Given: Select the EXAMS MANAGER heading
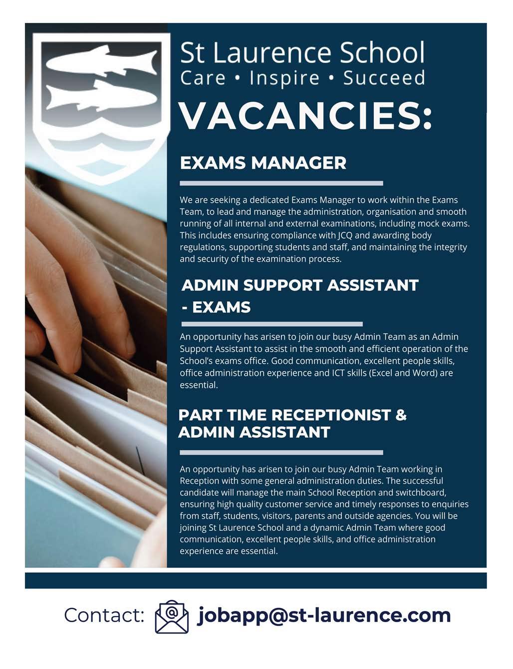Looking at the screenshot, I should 263,163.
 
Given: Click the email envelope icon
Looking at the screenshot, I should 172,617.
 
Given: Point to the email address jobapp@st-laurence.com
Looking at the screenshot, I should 324,615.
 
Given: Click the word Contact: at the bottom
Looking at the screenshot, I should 104,616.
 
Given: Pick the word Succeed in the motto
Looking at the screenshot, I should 384,78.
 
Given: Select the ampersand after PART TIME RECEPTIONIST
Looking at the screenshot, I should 401,415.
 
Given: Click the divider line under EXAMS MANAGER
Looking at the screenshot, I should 281,183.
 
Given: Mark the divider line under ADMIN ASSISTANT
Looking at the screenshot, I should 281,453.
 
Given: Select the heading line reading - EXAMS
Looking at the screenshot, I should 216,307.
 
